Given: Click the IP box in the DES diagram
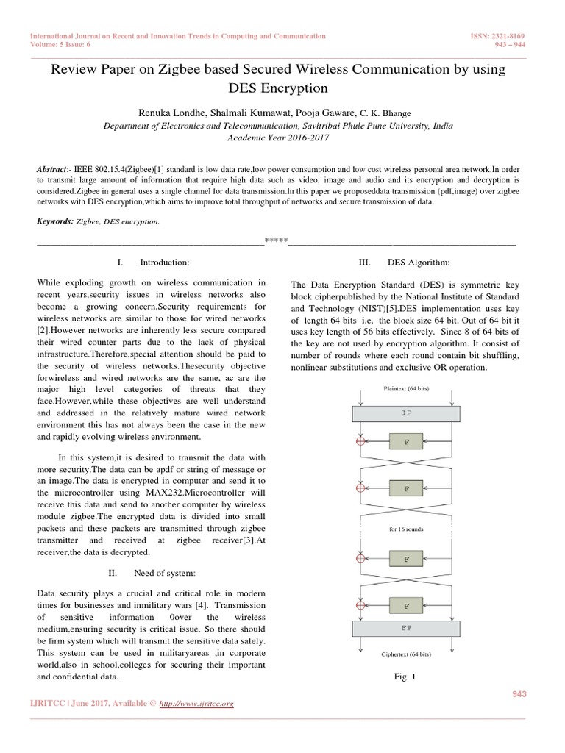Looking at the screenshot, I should click(407, 413).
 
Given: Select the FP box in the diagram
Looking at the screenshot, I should click(407, 629).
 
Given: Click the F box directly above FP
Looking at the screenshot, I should click(407, 607).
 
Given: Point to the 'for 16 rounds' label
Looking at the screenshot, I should click(407, 527).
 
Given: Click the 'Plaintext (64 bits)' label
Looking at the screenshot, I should click(407, 387).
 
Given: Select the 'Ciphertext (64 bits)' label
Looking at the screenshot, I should click(407, 653).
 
